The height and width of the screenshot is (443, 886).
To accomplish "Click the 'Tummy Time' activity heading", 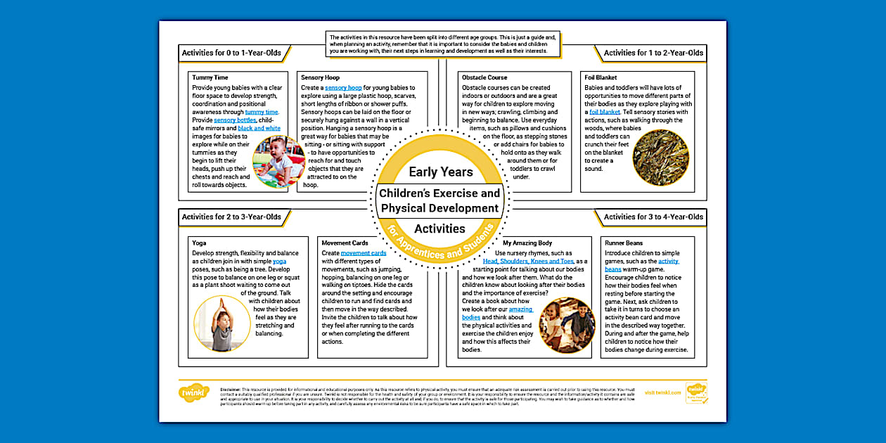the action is point(210,77).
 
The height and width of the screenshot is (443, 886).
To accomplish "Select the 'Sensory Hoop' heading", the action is point(320,77).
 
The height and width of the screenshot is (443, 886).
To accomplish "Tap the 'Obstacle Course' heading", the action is point(484,77).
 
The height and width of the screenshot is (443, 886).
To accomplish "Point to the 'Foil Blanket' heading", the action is point(603,77).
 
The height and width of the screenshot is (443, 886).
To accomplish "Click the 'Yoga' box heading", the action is point(199,243).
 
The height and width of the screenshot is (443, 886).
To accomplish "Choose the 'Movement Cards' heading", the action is point(345,243).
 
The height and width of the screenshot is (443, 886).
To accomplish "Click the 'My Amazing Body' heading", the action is point(527,243).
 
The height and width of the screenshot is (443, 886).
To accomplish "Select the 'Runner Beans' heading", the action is point(624,243).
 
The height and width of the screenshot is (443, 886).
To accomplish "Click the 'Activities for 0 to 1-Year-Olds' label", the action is point(231,53).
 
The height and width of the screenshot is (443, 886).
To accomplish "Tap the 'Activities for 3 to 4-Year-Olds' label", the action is point(653,217).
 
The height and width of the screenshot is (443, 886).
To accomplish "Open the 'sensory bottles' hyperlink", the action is point(235,120).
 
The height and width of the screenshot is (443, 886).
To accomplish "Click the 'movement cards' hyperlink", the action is point(364,253).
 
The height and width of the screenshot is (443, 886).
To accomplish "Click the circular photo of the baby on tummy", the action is point(278,162).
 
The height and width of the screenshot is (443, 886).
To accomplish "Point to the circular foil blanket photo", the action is point(660,157).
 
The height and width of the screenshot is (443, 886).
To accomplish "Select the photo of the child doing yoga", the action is point(221,323).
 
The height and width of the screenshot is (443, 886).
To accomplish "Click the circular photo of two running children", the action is point(567,325).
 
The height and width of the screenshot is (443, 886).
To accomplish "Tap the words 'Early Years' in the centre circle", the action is point(441,172).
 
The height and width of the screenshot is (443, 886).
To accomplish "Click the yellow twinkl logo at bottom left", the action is point(194,392).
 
